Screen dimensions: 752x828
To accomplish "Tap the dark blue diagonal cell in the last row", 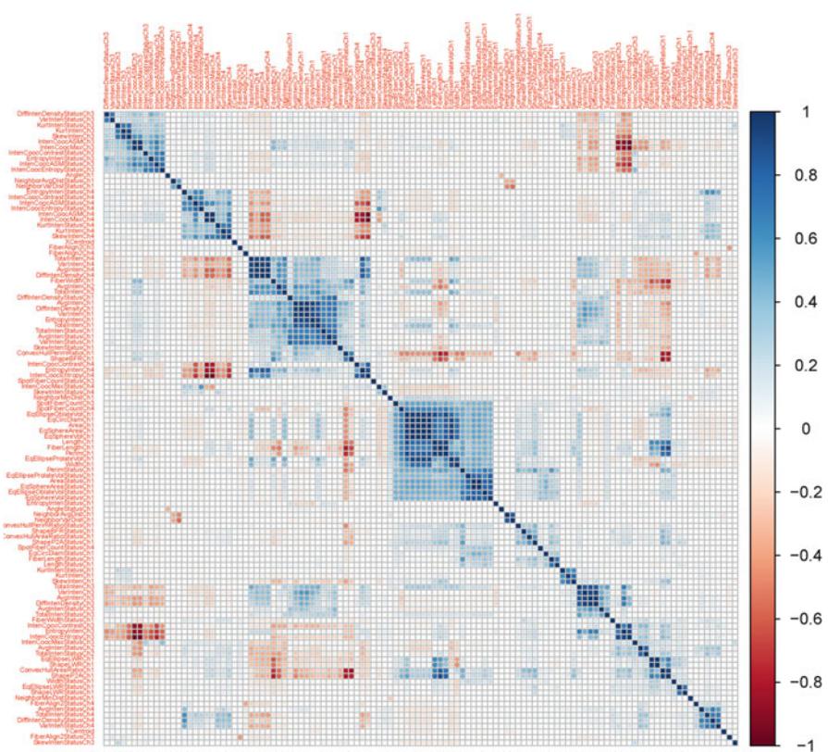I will [736, 742].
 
